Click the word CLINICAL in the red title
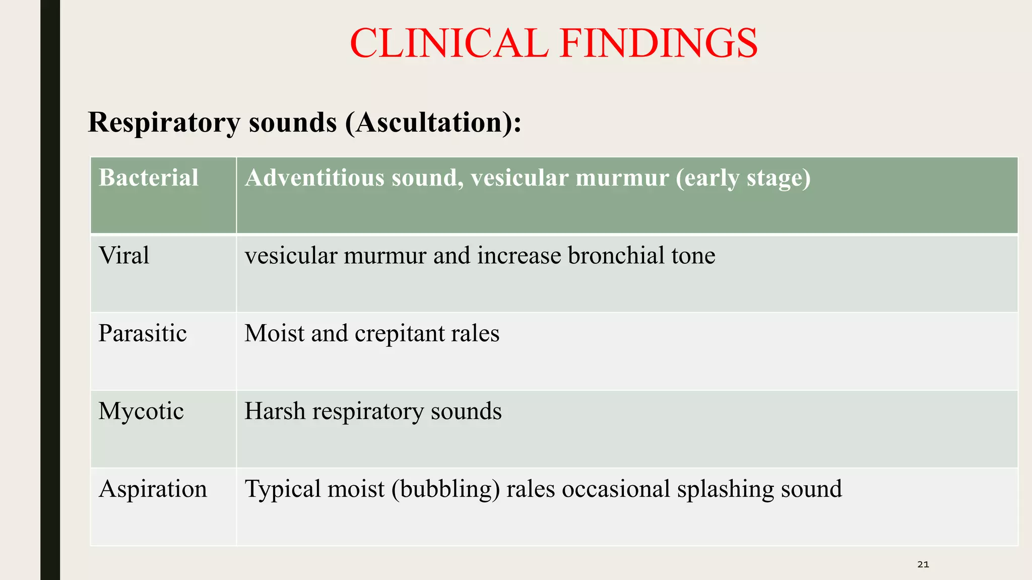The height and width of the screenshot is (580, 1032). coord(448,43)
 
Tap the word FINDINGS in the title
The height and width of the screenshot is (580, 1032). coord(658,43)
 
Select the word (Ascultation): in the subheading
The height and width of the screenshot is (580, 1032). coord(433,122)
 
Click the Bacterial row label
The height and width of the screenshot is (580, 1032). coord(149,178)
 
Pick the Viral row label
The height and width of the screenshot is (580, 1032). coord(124,255)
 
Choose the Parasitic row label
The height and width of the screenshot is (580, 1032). coord(143,333)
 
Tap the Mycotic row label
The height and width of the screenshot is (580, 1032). coord(141,411)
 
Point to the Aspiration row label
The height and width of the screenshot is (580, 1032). coord(153,489)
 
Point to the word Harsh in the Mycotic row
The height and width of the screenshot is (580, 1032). coord(275,411)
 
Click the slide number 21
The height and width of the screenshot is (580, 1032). coord(923,564)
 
